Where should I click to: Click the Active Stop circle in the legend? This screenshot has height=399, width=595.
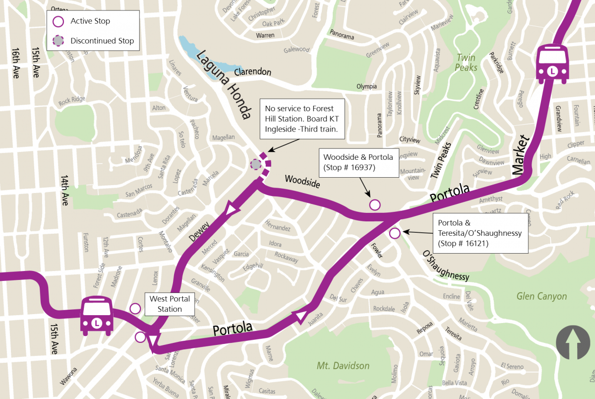59,21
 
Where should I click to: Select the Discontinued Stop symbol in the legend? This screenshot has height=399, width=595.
59,41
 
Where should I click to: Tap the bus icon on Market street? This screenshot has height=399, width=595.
553,64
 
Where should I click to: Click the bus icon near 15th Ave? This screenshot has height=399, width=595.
97,316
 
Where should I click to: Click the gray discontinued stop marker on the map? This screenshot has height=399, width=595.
256,164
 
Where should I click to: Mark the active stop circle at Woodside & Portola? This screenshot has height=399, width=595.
375,204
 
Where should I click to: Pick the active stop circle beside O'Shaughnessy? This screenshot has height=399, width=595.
395,233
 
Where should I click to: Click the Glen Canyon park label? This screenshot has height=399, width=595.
541,296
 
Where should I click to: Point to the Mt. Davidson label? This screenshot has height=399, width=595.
343,366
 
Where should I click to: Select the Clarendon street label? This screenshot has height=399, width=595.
253,72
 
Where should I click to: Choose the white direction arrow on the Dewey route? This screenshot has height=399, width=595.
230,209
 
